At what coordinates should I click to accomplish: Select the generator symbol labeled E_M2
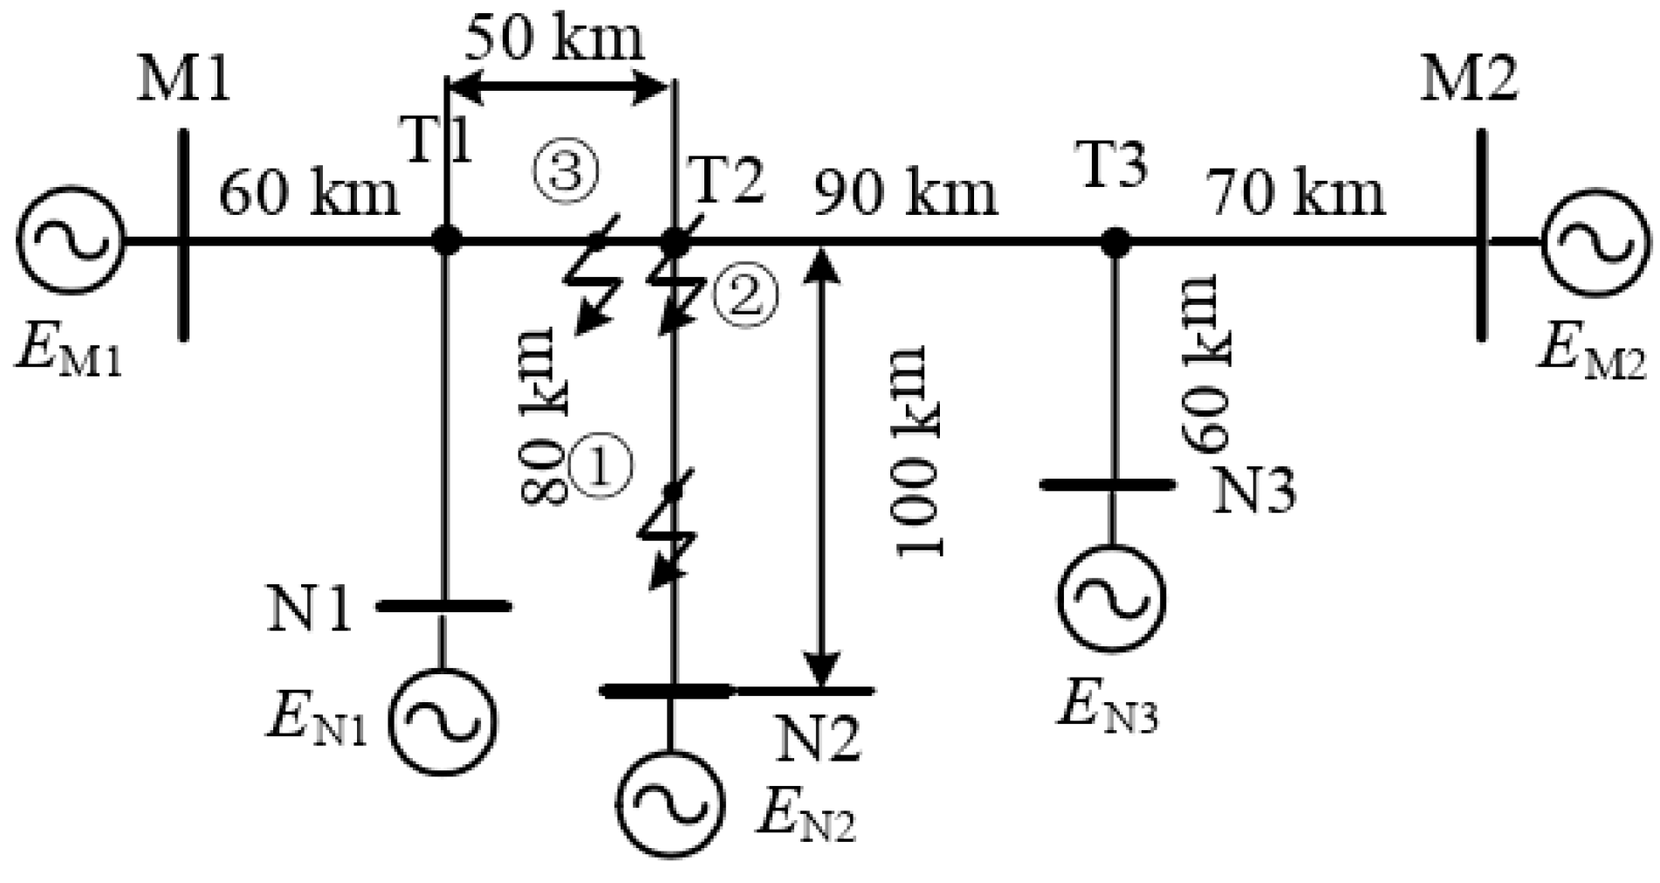(x=1596, y=238)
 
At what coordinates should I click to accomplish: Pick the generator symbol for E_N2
(x=670, y=802)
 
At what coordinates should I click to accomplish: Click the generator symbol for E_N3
(x=1112, y=598)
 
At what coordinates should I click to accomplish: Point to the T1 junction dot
(x=447, y=239)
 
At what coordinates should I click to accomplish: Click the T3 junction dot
(x=1114, y=241)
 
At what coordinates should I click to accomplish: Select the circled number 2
(x=744, y=298)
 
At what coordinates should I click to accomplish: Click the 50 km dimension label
(x=553, y=39)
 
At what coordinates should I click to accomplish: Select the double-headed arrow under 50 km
(x=559, y=87)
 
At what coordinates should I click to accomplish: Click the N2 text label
(x=818, y=738)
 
